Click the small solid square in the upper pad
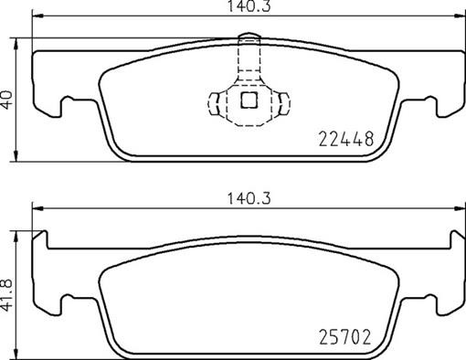pyautogui.click(x=247, y=101)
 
